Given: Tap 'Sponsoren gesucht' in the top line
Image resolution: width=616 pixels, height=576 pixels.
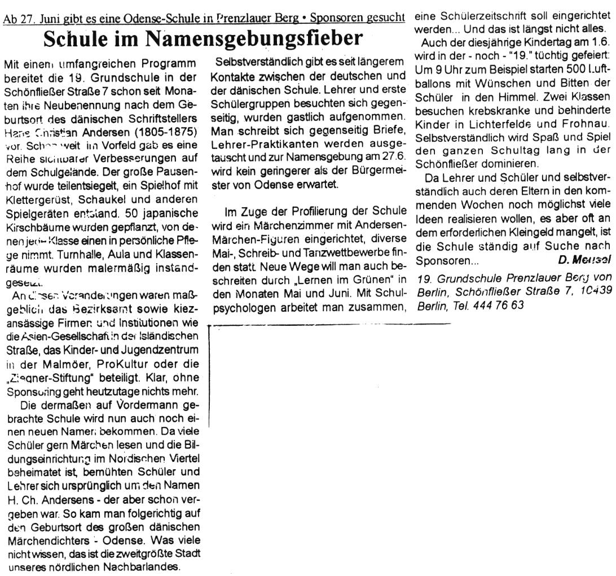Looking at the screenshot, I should pos(359,18).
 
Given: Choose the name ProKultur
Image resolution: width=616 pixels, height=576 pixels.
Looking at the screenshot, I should pos(121,325).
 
